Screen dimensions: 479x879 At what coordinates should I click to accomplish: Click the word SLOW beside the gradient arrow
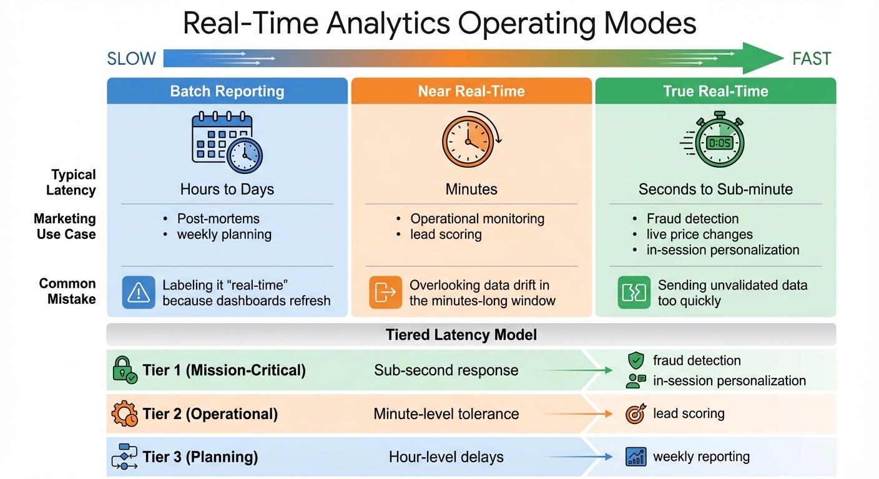point(132,59)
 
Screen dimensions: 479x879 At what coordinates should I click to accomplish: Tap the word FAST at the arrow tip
point(812,59)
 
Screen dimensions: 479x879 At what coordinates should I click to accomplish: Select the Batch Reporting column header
point(227,91)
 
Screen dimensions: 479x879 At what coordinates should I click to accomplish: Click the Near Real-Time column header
point(471,91)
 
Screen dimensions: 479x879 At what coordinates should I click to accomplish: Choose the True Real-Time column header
point(715,91)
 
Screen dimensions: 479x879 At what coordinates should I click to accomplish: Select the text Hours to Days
point(227,189)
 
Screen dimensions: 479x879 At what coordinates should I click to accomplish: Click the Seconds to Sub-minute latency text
point(715,189)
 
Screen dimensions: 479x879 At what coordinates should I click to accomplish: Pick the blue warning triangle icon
point(139,293)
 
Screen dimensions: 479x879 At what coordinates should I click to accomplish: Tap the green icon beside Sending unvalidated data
point(634,293)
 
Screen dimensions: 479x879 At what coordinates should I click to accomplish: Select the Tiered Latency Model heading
point(461,335)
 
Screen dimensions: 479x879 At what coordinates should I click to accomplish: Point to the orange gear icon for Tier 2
point(124,414)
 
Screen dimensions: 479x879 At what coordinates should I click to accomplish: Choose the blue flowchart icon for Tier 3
point(124,457)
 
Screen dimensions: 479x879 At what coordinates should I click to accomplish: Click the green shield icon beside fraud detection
point(636,360)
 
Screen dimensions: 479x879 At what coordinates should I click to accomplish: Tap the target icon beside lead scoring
point(636,414)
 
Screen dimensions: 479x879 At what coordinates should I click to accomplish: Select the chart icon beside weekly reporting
point(636,457)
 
